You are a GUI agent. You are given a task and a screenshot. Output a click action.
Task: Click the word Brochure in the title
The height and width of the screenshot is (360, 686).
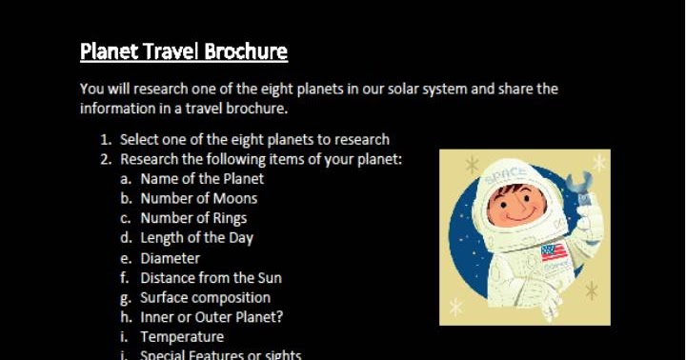[x=242, y=50]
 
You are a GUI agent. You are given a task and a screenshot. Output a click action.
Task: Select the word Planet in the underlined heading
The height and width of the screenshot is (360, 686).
[x=107, y=50]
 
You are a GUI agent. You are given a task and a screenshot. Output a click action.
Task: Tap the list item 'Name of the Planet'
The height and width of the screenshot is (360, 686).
[x=202, y=178]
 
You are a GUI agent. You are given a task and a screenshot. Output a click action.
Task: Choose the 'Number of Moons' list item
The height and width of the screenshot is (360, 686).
[x=198, y=198]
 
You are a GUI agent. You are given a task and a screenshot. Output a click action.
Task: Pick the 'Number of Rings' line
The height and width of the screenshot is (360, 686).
[x=193, y=218]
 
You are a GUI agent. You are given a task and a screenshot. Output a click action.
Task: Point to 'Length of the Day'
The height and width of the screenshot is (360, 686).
[x=196, y=238]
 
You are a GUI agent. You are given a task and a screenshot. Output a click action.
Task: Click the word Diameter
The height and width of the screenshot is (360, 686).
[x=170, y=258]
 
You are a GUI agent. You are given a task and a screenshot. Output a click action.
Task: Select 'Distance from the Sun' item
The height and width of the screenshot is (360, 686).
[x=211, y=278]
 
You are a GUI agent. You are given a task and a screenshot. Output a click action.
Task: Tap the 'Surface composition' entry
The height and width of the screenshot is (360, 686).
[x=205, y=297]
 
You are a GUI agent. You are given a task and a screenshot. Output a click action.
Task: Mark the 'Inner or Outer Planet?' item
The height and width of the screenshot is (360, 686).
[x=212, y=317]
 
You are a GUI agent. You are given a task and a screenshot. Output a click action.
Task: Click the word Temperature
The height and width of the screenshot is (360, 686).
[x=182, y=337]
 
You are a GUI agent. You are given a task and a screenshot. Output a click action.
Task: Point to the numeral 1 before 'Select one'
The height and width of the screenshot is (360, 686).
[x=105, y=139]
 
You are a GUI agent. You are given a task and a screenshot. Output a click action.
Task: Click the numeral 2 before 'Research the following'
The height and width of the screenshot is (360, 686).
[x=105, y=159]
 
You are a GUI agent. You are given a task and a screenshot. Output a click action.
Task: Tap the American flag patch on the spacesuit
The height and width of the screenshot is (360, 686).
[x=554, y=252]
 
